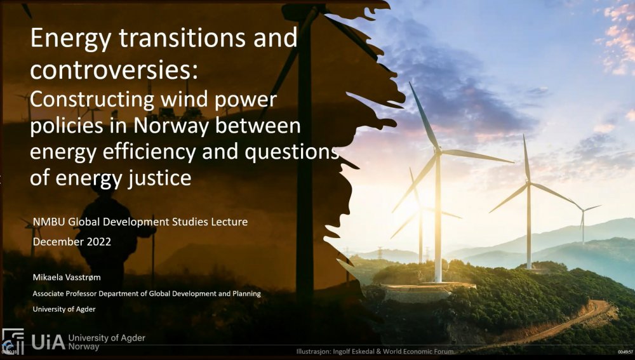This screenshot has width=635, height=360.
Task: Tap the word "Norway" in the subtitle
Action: tap(171, 126)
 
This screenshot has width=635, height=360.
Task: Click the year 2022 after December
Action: tap(100, 242)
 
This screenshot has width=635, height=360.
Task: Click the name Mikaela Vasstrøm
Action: tap(67, 277)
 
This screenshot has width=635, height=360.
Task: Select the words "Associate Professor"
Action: tap(65, 293)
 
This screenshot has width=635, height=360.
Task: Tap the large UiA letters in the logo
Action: tap(48, 342)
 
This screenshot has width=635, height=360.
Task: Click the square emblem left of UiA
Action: tap(13, 342)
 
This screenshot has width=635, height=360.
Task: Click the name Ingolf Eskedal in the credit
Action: tap(354, 352)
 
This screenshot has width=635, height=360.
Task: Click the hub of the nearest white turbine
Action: tap(438, 152)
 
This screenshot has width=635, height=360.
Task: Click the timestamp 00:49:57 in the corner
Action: tap(625, 352)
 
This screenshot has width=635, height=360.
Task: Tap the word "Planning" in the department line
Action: tap(246, 293)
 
